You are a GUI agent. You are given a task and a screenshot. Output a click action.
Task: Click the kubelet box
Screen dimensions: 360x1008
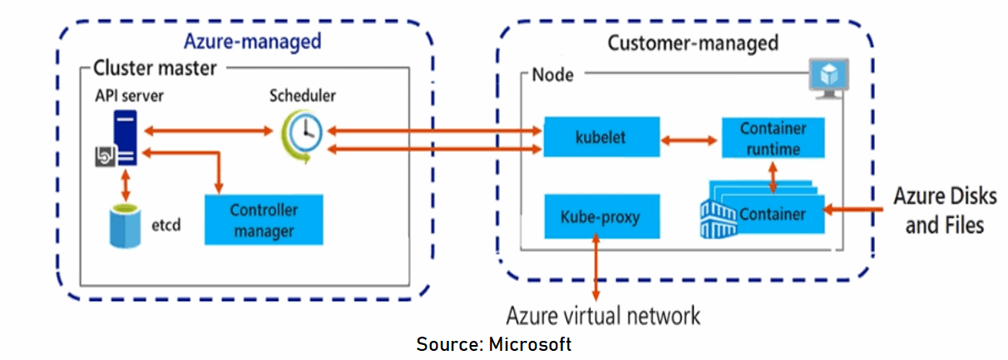pos(601,137)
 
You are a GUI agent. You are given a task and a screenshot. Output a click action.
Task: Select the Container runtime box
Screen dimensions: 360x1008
pos(773,138)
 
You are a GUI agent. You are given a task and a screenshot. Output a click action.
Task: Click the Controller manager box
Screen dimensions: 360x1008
pos(264,219)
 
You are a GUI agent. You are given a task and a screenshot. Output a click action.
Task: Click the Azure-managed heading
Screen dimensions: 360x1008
pos(252,41)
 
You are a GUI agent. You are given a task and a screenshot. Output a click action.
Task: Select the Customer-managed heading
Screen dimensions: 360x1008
pos(693,42)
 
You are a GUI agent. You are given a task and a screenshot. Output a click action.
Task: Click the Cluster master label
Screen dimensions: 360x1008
pos(155,67)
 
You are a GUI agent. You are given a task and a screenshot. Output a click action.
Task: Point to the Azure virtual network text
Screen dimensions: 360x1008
pos(604,316)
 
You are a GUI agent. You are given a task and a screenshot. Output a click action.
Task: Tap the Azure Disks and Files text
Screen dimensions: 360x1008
pos(944,210)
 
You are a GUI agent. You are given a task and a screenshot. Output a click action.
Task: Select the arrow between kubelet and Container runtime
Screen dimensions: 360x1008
pos(689,139)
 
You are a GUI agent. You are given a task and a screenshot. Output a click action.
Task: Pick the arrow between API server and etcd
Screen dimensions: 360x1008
pos(126,185)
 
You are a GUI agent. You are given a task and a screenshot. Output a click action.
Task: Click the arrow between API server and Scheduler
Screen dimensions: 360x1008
pos(207,131)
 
